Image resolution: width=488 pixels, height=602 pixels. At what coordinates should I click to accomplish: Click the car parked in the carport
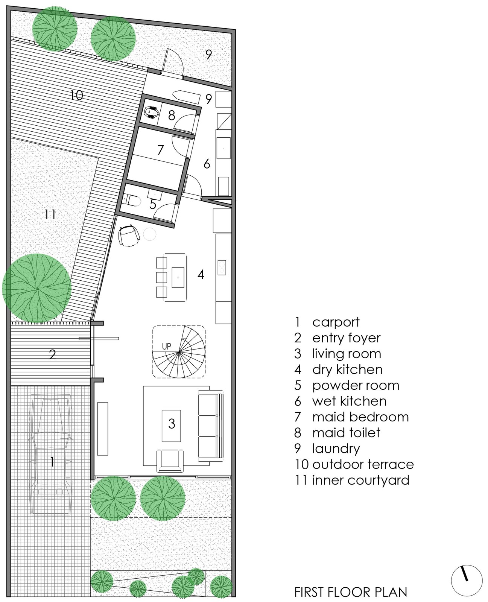(51, 456)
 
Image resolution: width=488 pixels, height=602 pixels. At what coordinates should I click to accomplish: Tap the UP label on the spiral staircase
(166, 346)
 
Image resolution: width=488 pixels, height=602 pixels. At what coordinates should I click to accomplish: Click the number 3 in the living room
(172, 424)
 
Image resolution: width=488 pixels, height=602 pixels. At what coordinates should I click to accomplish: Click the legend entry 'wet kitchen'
(349, 401)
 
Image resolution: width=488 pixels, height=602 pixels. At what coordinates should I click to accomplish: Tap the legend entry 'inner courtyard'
(360, 480)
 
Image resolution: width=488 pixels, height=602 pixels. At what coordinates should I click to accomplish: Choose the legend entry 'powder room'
(356, 386)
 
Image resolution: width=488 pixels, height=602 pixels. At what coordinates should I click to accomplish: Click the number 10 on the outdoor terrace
(76, 96)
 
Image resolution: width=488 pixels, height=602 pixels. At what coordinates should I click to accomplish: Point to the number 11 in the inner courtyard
(50, 214)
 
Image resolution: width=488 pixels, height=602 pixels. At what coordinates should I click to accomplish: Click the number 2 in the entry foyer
(52, 354)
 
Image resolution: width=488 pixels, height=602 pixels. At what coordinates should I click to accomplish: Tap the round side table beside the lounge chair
(149, 234)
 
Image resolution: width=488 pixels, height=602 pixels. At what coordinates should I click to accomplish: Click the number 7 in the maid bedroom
(161, 150)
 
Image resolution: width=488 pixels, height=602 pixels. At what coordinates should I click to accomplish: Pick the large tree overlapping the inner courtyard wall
(37, 288)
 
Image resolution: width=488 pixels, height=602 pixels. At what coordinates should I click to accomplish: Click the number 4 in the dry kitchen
(201, 274)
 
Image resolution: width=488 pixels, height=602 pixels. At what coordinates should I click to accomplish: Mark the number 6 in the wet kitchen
(207, 164)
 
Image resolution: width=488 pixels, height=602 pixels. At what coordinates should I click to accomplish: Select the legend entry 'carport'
(336, 322)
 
